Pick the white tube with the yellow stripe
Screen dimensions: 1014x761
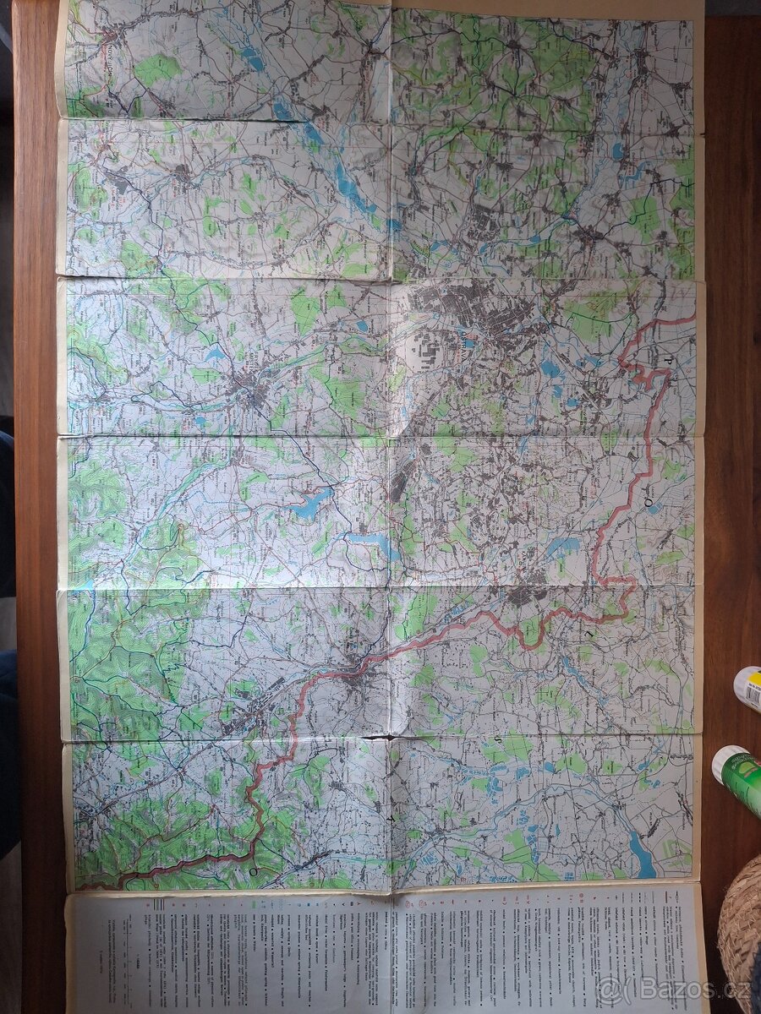click(747, 689)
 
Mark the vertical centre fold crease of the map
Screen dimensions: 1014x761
click(390, 507)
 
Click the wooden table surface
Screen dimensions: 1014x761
click(34, 253)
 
